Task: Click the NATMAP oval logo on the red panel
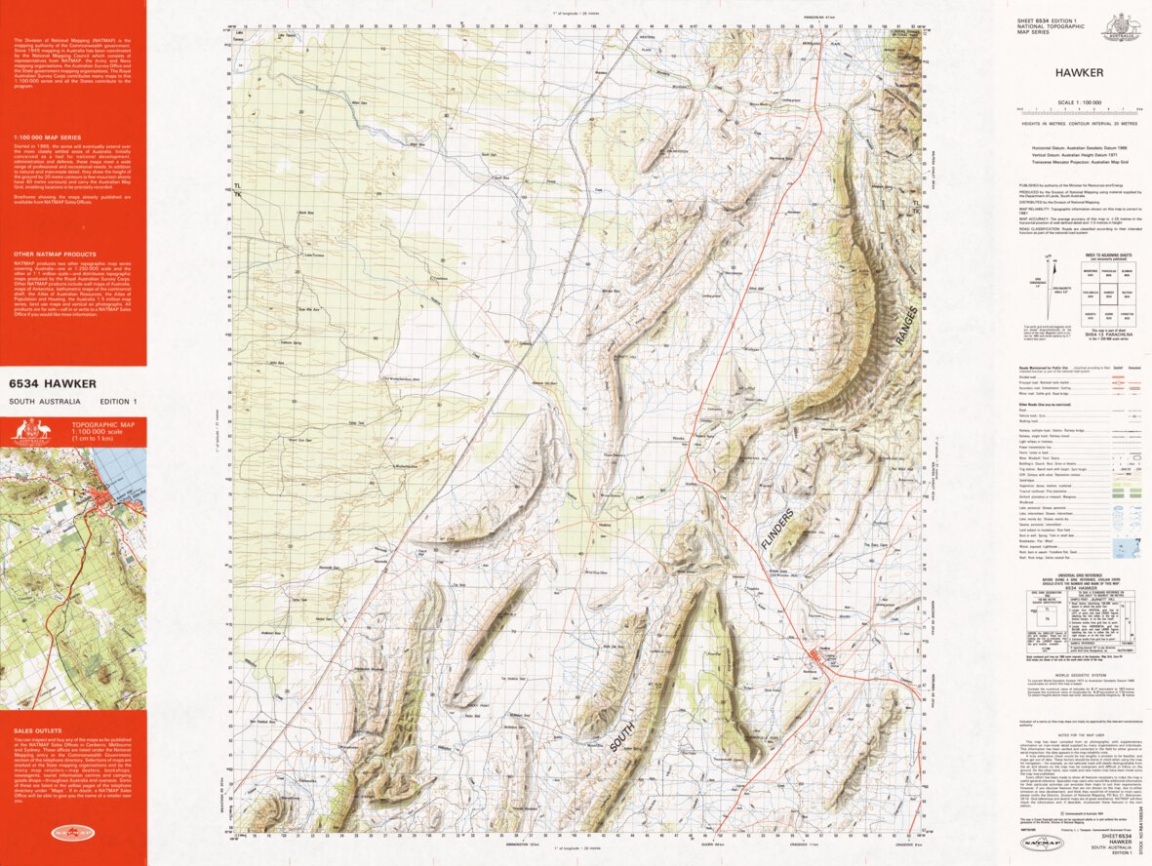[x=72, y=833]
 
